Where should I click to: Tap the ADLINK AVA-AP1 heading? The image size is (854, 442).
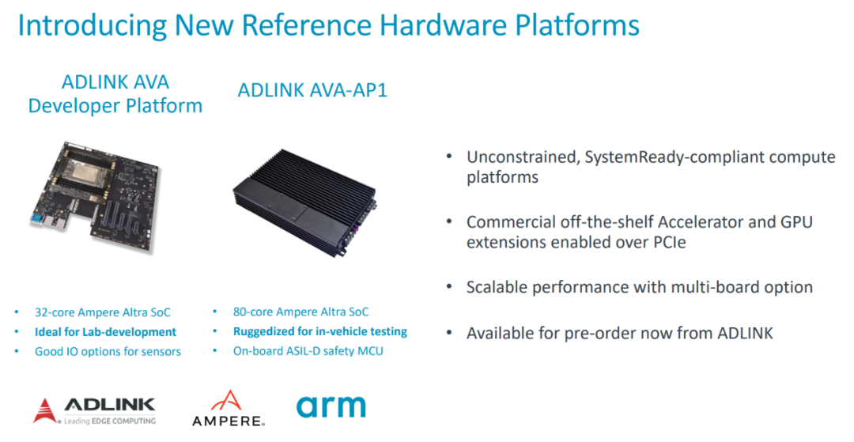tap(312, 90)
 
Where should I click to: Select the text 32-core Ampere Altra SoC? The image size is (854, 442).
tap(102, 312)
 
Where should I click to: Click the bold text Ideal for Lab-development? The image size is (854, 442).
tap(106, 332)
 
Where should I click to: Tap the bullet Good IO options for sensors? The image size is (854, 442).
tap(108, 352)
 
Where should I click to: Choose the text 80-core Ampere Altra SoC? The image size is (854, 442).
tap(300, 312)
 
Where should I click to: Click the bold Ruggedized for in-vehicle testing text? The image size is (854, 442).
tap(320, 331)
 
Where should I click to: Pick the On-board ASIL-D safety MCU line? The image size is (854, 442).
tap(308, 351)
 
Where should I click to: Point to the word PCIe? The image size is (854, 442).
tap(668, 242)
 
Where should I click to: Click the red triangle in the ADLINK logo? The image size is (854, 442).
tap(44, 410)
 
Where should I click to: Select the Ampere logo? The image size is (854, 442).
tap(229, 408)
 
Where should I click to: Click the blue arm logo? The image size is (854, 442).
tap(331, 407)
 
